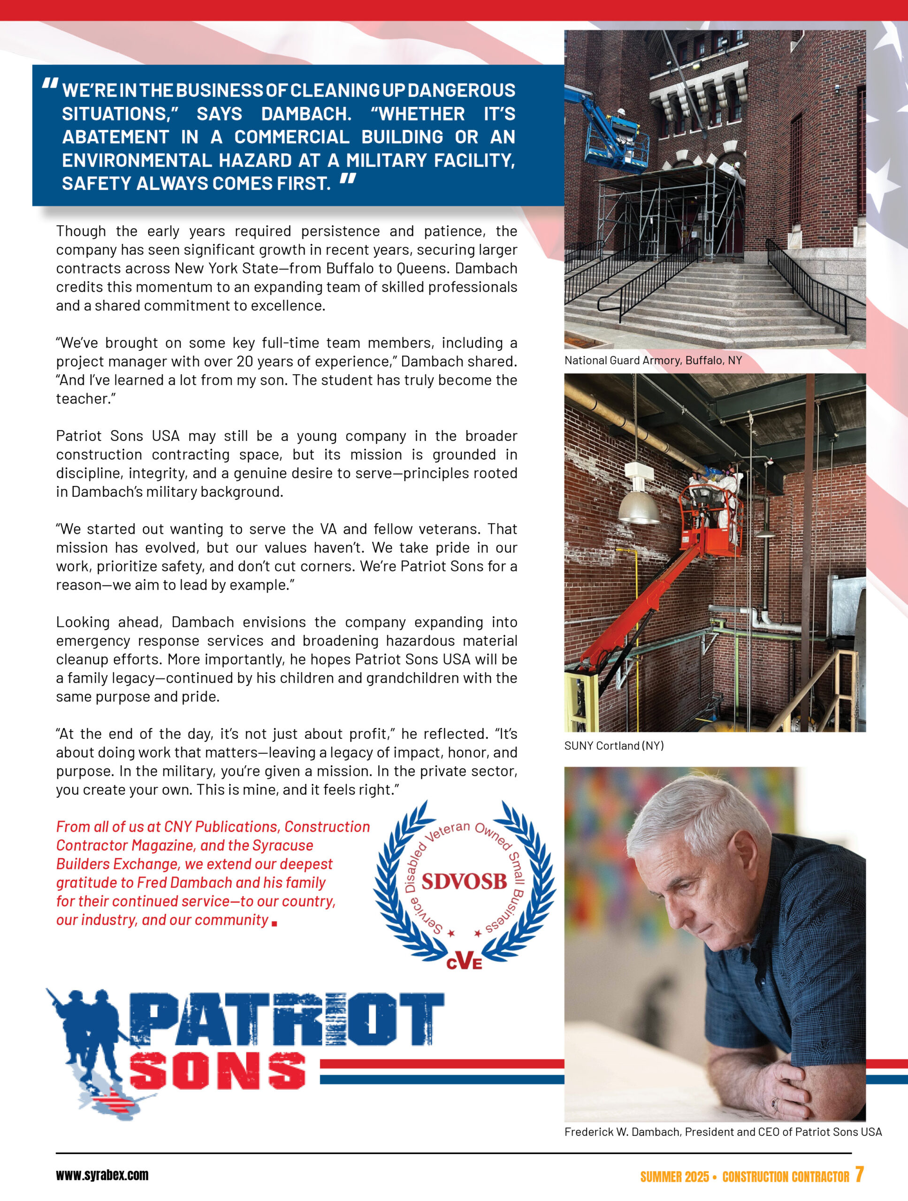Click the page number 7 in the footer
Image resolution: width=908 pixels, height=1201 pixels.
pos(859,1174)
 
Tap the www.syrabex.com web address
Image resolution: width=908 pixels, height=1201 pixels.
pos(102,1175)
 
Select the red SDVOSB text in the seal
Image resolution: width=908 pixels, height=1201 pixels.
pos(464,881)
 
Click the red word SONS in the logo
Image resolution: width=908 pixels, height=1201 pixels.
pos(217,1071)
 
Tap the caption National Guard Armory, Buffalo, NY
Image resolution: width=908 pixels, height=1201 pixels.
pos(653,360)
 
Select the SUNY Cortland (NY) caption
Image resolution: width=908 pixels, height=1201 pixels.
pos(614,745)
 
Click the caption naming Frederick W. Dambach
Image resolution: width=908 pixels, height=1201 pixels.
pos(723,1132)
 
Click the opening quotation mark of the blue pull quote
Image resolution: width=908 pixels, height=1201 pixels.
pos(50,84)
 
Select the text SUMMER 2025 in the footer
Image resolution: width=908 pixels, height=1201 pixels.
pos(674,1177)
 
